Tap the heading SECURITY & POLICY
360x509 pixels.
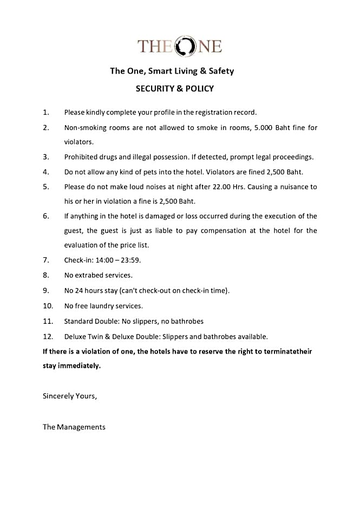pyautogui.click(x=174, y=88)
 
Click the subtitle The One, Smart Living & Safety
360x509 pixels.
pyautogui.click(x=172, y=71)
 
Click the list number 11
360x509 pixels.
pyautogui.click(x=48, y=321)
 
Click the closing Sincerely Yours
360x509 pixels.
pyautogui.click(x=70, y=396)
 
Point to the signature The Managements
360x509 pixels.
pyautogui.click(x=74, y=427)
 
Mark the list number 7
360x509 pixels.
pyautogui.click(x=46, y=260)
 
